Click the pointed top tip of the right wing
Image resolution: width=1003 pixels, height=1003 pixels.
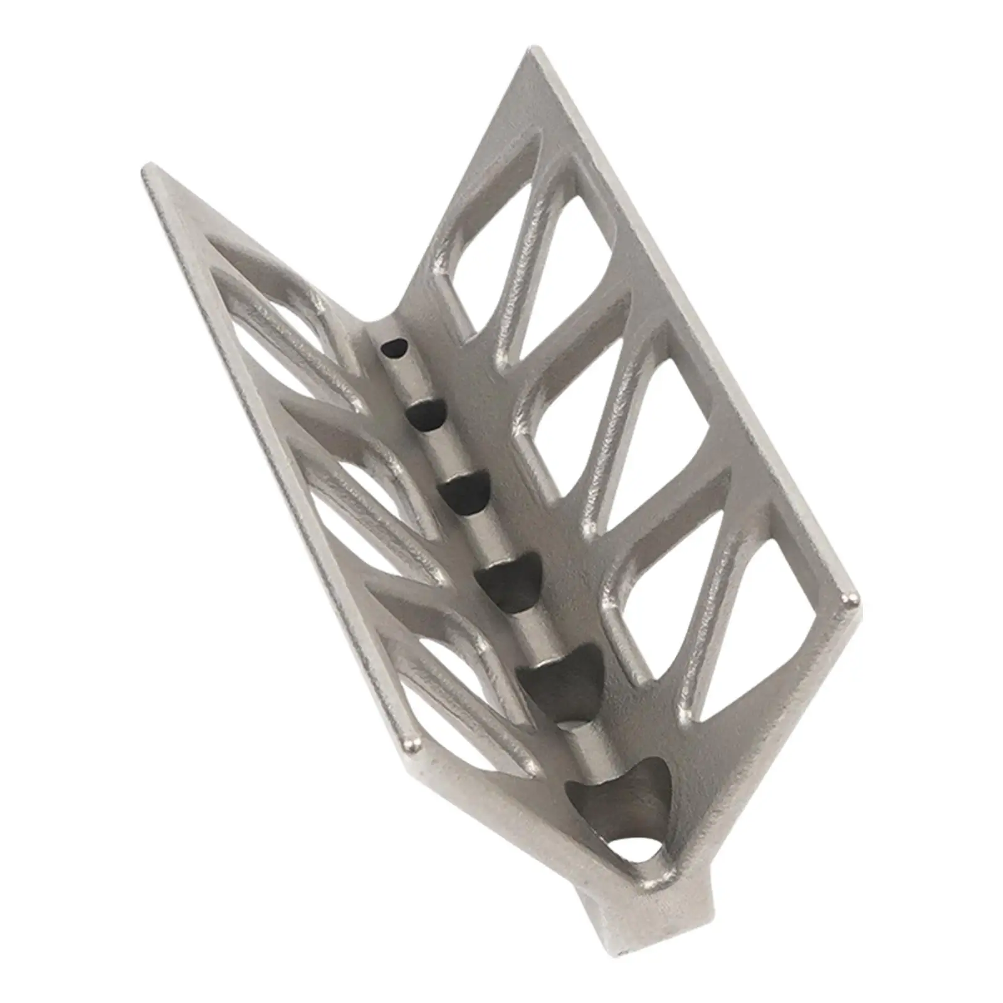point(533,52)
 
